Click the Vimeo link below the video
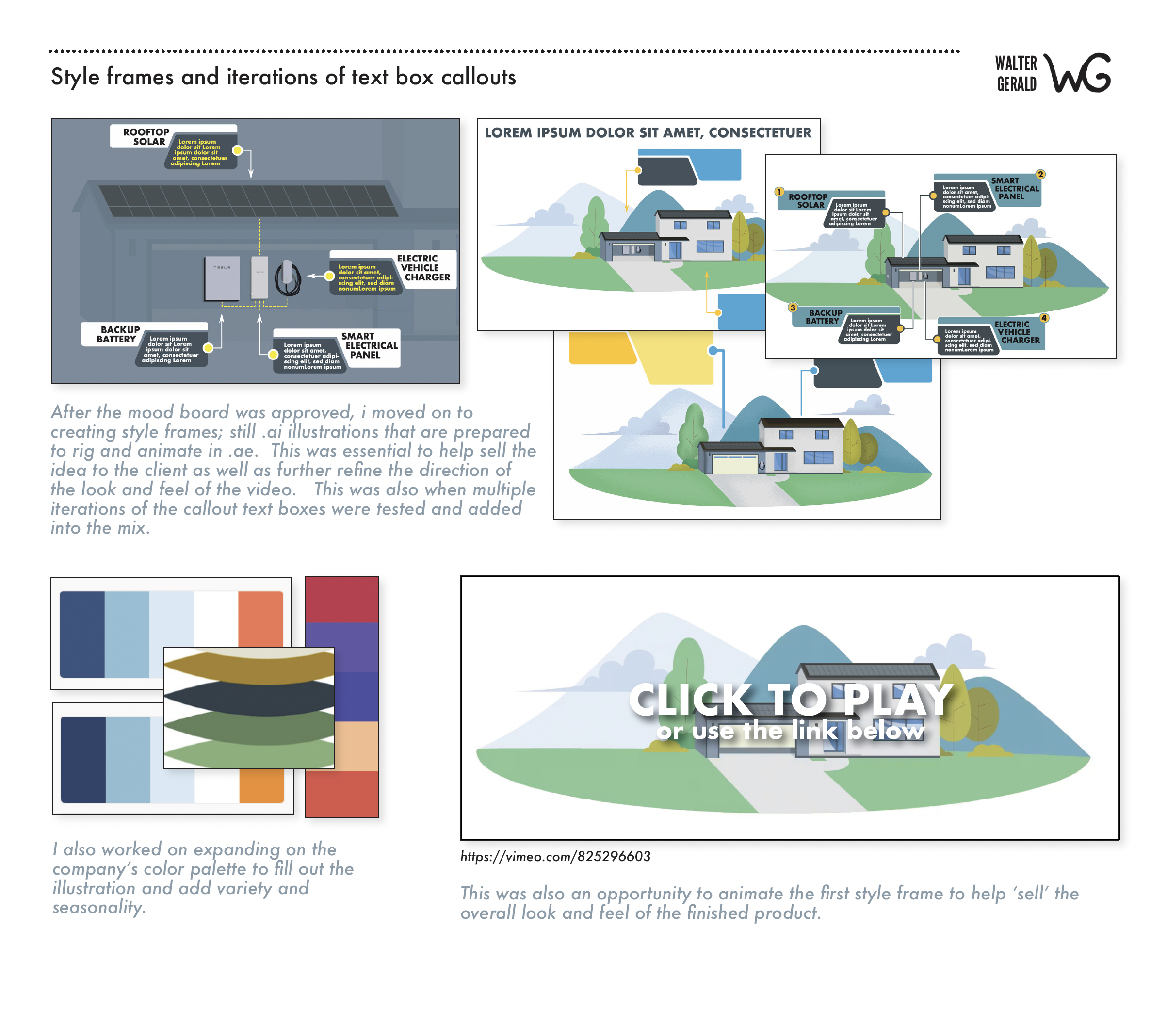[555, 856]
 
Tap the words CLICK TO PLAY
[790, 700]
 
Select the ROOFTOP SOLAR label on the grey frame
[146, 136]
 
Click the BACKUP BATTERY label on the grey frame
[117, 334]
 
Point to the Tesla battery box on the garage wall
[222, 278]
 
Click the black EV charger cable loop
[288, 280]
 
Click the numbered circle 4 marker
[1044, 318]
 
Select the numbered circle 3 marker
[793, 308]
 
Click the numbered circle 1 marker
[779, 192]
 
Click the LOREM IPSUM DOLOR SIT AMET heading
[648, 132]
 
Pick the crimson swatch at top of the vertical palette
[341, 599]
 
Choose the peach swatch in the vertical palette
[357, 746]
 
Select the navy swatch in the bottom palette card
[83, 759]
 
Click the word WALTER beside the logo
[1015, 63]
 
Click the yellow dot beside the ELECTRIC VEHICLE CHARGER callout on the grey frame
[329, 276]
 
